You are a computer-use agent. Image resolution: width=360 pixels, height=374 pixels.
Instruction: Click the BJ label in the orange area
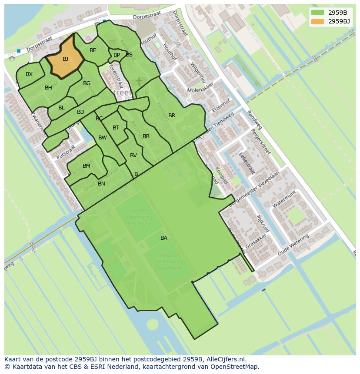[x=65, y=59]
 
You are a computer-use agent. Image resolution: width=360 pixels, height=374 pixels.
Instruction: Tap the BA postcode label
[x=164, y=238]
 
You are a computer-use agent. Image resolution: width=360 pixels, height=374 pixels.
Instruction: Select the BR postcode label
[x=172, y=116]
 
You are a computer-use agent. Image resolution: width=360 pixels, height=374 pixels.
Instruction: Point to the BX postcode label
[x=29, y=74]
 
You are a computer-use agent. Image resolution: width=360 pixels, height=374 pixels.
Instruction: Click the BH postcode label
[x=48, y=88]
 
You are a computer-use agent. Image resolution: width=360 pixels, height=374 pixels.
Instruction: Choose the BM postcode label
[x=87, y=166]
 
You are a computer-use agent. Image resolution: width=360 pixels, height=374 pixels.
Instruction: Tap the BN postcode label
[x=101, y=184]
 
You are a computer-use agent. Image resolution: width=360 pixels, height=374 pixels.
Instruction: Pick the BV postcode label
[x=133, y=156]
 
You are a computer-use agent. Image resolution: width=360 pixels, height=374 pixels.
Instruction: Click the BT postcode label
[x=116, y=128]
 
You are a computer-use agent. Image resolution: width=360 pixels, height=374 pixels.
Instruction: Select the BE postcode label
[x=93, y=50]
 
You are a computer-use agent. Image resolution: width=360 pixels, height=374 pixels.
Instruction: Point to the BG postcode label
[x=87, y=83]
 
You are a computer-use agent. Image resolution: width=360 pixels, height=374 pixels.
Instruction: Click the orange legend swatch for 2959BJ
[x=318, y=21]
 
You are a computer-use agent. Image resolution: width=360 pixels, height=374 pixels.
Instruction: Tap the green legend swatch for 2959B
[x=318, y=12]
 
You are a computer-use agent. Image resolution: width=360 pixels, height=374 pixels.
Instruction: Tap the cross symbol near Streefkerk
[x=139, y=82]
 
